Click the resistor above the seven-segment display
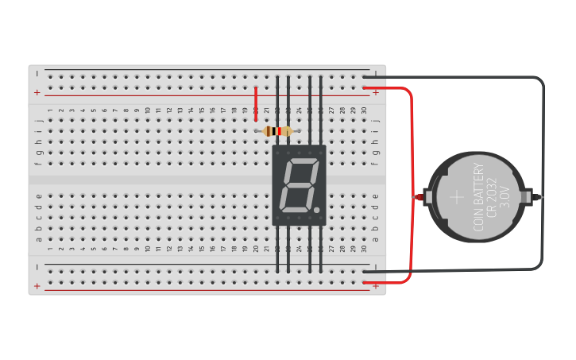tap(277, 131)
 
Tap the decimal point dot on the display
tap(316, 211)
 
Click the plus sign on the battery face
tap(456, 196)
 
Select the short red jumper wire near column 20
tap(256, 99)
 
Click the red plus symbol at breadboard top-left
tap(37, 92)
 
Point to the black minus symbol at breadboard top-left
tap(37, 73)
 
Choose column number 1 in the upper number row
tap(50, 110)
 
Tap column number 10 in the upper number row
tap(147, 110)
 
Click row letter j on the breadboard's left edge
tap(38, 121)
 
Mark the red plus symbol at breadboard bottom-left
tap(37, 286)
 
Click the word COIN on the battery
tap(479, 219)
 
